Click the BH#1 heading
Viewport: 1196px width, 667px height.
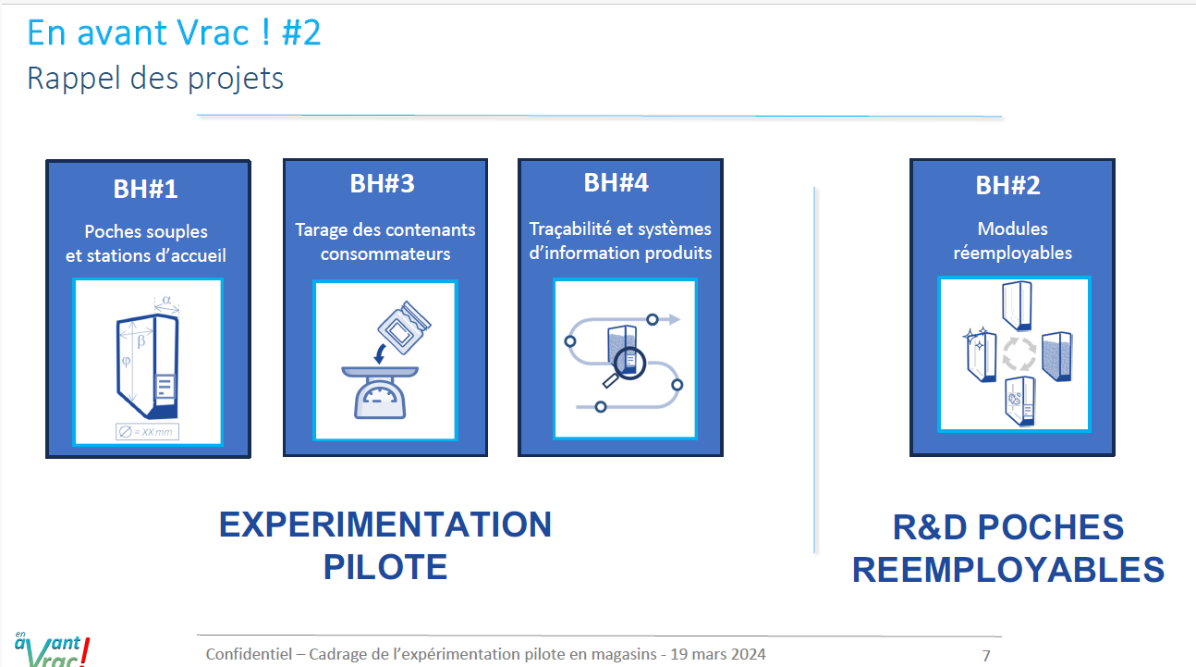(x=145, y=190)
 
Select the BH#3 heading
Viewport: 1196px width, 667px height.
(x=383, y=184)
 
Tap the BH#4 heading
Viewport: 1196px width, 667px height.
(x=616, y=183)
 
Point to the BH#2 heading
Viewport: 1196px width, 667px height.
(x=1008, y=185)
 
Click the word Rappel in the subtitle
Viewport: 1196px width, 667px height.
(x=74, y=80)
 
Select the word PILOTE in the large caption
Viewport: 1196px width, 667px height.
(x=385, y=567)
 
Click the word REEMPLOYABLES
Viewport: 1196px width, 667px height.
(x=1008, y=570)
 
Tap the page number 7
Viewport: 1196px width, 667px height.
(x=986, y=656)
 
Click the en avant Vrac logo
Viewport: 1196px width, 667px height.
(x=53, y=648)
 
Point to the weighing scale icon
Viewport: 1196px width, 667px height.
(x=380, y=392)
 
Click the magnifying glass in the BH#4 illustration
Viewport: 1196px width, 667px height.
(x=625, y=367)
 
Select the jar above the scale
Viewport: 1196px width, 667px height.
(x=404, y=327)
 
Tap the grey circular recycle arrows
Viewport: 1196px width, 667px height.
(x=1019, y=353)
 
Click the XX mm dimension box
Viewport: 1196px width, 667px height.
(x=147, y=432)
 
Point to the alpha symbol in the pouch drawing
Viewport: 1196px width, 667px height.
(x=166, y=300)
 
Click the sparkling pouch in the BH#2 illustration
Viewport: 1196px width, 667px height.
(x=981, y=354)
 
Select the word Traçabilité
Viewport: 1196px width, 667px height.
(x=570, y=229)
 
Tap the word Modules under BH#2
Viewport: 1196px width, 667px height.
(x=1012, y=229)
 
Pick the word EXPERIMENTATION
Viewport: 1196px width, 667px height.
(x=385, y=525)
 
